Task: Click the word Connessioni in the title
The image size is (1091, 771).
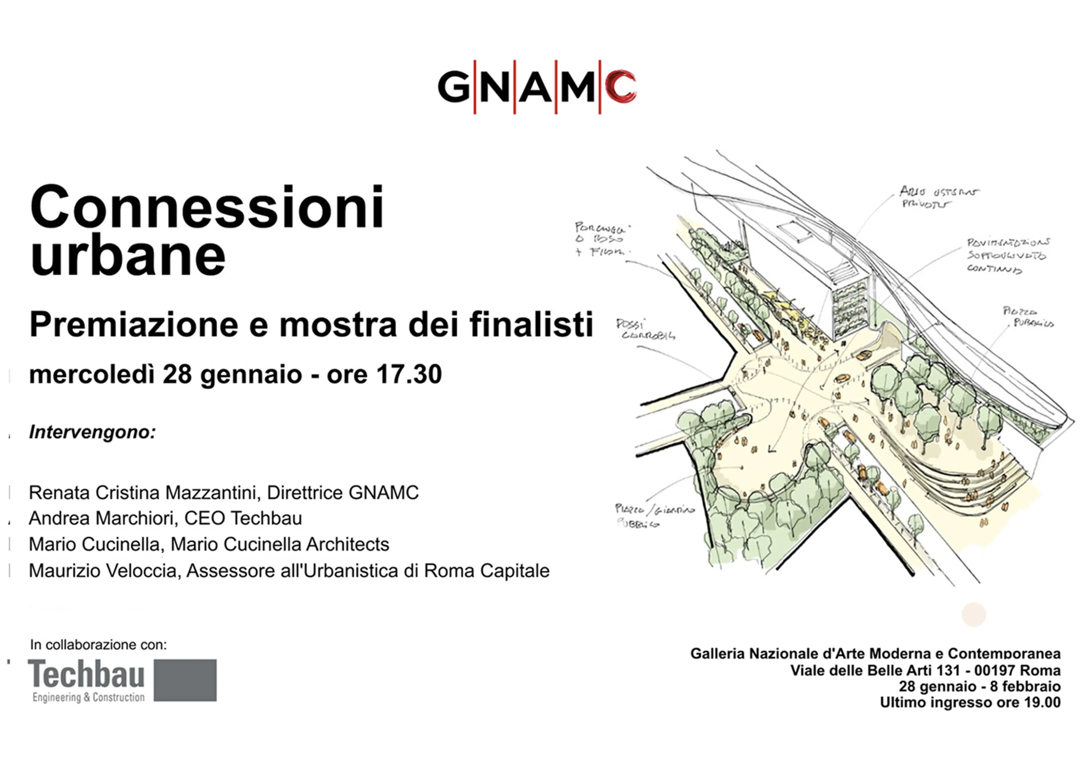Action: pos(207,208)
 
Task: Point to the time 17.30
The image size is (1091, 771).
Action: pos(409,374)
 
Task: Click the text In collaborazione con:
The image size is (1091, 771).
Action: pos(98,645)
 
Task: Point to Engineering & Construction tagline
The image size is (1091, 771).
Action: pos(88,697)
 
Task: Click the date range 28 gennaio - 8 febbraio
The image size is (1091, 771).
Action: pos(979,686)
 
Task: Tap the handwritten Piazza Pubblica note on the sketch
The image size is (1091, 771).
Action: pos(1028,317)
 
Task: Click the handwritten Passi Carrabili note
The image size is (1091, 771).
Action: pos(645,329)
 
